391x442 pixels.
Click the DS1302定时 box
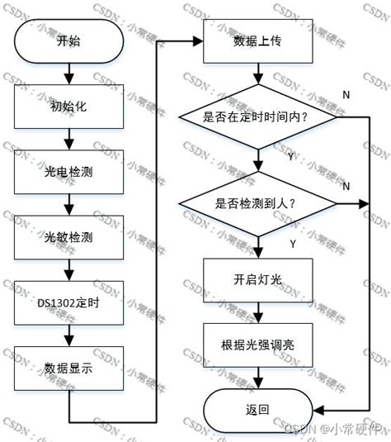67,302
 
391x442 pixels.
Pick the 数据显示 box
67,368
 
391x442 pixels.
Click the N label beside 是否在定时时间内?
346,97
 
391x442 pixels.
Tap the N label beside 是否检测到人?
346,187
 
